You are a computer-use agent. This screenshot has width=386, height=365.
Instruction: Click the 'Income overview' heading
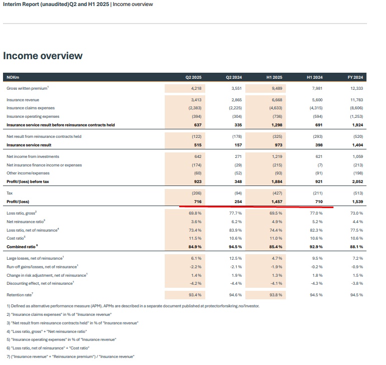43,56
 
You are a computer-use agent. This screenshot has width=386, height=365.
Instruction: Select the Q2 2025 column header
193,77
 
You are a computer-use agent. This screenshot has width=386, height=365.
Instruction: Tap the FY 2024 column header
354,77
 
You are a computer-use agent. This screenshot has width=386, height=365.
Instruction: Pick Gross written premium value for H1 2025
275,88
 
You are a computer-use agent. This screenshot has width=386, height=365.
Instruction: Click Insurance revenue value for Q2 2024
234,100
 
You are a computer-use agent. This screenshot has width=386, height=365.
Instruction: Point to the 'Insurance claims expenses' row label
31,108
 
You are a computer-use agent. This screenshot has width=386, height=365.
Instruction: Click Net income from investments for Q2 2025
197,156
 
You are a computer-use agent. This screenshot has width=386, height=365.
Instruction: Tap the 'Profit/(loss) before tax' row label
28,181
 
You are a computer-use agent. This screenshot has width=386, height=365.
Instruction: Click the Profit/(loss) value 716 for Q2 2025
197,201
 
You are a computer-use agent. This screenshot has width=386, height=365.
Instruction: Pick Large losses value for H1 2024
316,258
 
